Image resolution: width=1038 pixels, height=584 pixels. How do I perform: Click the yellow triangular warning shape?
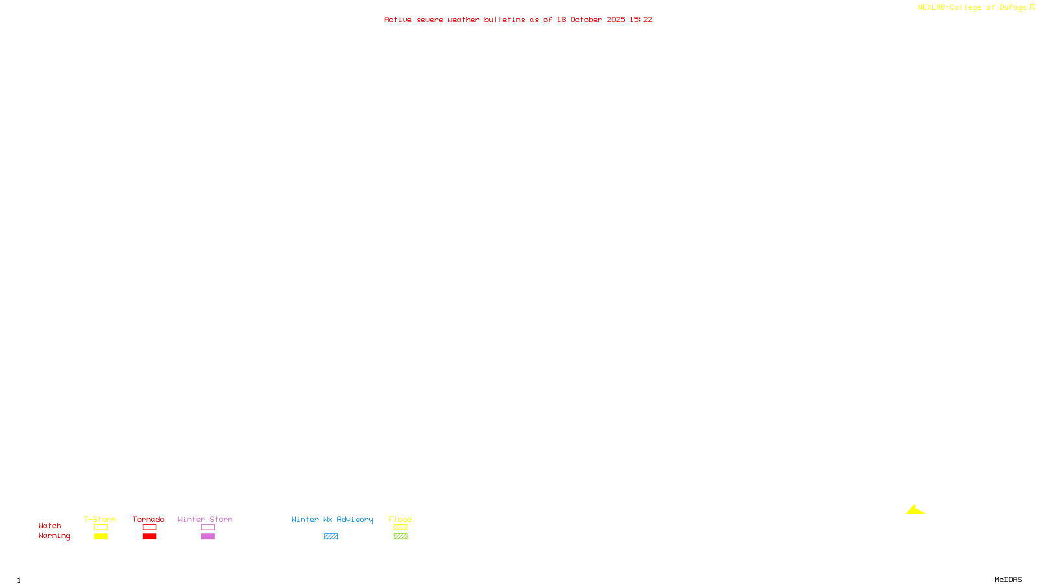[915, 511]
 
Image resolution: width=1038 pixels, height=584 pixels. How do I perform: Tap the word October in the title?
[586, 19]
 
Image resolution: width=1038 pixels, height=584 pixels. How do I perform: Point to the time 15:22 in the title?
[641, 19]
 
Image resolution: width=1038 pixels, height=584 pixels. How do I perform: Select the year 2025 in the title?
[616, 19]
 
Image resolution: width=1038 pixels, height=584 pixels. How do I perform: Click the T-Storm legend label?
[100, 519]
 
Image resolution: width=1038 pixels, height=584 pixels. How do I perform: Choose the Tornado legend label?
[149, 519]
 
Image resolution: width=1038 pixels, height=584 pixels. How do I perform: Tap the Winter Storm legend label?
[205, 519]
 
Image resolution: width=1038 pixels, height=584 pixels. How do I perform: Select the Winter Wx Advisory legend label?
[332, 519]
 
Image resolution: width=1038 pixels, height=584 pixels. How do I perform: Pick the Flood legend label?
[400, 519]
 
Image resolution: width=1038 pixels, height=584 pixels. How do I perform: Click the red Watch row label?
[50, 526]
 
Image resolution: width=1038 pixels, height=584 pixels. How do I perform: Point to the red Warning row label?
[54, 536]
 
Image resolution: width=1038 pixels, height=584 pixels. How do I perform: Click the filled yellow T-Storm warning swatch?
[101, 537]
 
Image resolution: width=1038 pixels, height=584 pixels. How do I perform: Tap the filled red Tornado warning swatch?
[149, 537]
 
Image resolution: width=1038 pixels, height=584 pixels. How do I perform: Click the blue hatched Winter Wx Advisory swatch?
[331, 537]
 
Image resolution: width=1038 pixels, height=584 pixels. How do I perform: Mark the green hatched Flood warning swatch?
[400, 537]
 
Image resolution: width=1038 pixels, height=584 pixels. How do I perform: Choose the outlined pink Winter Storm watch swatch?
[208, 528]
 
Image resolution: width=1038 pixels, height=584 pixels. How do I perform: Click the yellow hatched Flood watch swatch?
[400, 528]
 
